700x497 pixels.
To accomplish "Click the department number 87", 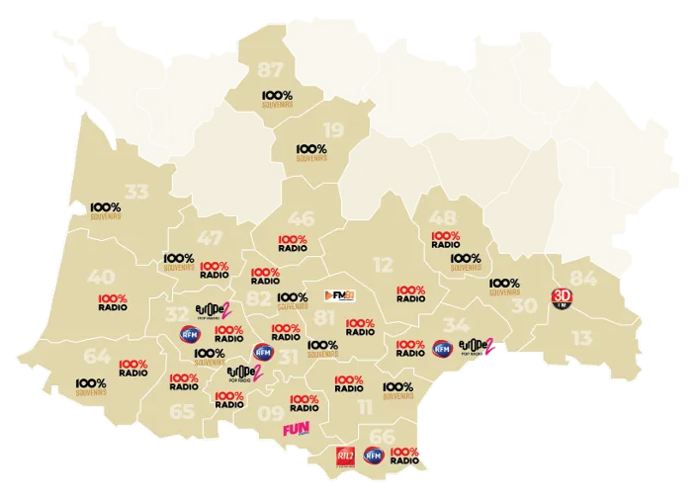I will pyautogui.click(x=270, y=70).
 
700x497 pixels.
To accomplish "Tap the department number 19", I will pyautogui.click(x=334, y=130).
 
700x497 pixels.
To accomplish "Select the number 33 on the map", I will pyautogui.click(x=138, y=193).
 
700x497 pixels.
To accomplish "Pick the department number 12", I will pyautogui.click(x=382, y=264).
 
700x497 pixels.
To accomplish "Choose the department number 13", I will pyautogui.click(x=582, y=338).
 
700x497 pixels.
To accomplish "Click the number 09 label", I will pyautogui.click(x=270, y=414).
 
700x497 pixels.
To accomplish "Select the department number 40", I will pyautogui.click(x=101, y=277).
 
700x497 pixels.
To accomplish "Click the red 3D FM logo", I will pyautogui.click(x=562, y=298).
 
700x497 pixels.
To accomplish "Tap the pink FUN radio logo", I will pyautogui.click(x=297, y=430).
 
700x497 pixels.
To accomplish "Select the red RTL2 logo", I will pyautogui.click(x=343, y=456).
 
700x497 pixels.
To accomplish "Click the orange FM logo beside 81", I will pyautogui.click(x=338, y=294).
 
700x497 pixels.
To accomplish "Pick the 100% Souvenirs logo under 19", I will pyautogui.click(x=311, y=151).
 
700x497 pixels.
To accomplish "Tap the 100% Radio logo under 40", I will pyautogui.click(x=113, y=302).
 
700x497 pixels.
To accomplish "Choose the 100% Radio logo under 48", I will pyautogui.click(x=446, y=239).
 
